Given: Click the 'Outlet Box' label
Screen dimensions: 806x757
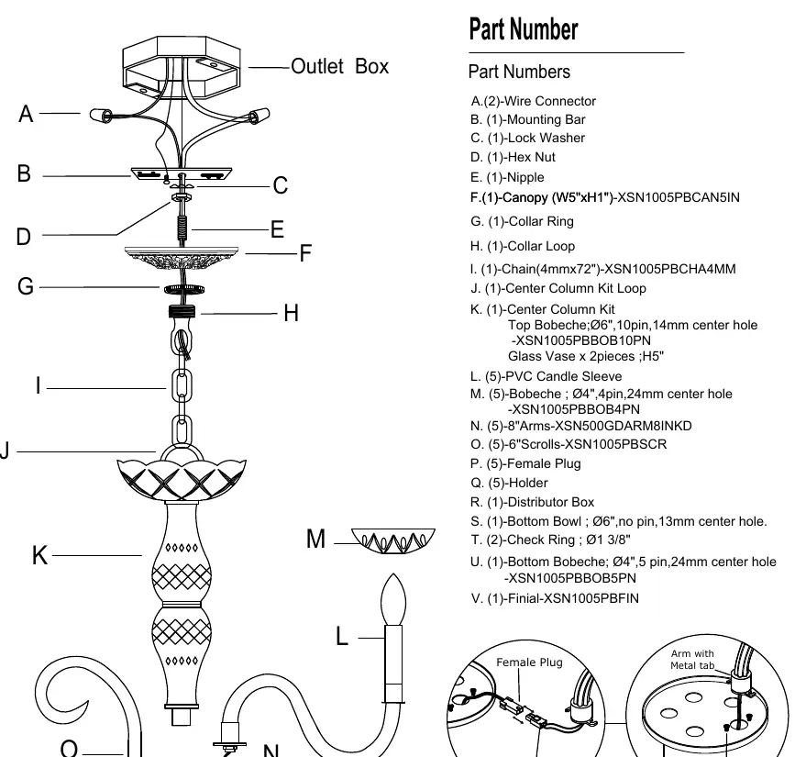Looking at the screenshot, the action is point(340,66).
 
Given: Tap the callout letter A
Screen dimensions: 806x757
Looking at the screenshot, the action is point(26,114).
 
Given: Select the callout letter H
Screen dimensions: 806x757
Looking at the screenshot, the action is point(291,313).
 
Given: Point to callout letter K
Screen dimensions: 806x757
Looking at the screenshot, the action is point(39,555).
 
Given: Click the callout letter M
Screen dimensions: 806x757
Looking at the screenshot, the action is point(315,539).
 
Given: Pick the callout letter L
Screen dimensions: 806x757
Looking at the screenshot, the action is point(342,636).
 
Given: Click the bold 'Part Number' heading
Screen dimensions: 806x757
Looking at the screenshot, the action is point(524,28).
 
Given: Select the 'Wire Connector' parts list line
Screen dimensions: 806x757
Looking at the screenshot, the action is point(533,101).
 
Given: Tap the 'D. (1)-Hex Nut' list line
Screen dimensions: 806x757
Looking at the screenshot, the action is point(513,157).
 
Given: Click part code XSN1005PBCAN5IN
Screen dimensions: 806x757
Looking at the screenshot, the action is point(678,197).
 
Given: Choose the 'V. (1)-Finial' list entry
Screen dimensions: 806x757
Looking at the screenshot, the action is point(555,598).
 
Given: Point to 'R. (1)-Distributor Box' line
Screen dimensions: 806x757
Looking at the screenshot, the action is point(532,502).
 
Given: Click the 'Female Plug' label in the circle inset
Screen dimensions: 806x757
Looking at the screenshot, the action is point(529,662).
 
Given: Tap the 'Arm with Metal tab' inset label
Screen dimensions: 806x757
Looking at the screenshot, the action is point(692,660).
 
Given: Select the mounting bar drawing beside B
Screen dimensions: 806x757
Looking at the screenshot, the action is point(182,173).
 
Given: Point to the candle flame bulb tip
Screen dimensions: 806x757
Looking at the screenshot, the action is point(393,573).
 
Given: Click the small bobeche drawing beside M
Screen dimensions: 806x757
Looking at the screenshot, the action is point(393,540).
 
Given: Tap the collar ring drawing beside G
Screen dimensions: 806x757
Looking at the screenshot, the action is point(184,290).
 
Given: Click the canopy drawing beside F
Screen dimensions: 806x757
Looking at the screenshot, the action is point(182,257).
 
